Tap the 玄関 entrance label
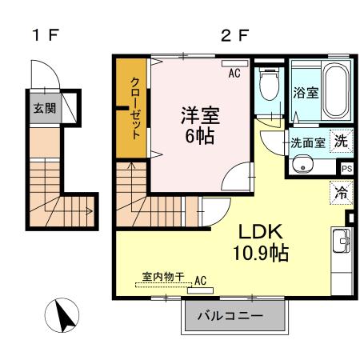click(x=43, y=107)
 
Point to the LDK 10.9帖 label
click(x=261, y=242)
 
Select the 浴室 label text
click(x=306, y=93)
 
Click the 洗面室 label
click(x=307, y=144)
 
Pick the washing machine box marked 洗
click(x=341, y=142)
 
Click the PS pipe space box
click(x=346, y=169)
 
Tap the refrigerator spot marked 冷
click(x=341, y=192)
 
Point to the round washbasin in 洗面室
click(x=302, y=166)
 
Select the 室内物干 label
click(x=163, y=277)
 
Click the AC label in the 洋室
click(x=234, y=73)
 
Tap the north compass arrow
click(x=64, y=315)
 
